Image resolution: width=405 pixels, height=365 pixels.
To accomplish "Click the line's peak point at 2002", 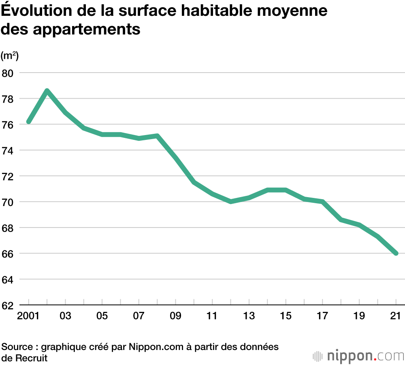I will point(47,90).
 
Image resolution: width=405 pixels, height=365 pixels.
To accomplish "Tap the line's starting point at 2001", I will point(29,122).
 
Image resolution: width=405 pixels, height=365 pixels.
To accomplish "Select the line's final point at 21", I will point(396,253).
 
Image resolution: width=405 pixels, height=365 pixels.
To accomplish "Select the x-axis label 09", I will point(176,316).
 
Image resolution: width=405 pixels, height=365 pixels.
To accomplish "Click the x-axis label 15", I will point(286,316).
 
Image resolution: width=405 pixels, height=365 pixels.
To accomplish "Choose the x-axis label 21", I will point(396,316).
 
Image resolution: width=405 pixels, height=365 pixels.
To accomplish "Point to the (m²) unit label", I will point(9,55).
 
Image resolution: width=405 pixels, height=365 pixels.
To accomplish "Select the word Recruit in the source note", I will point(30,358).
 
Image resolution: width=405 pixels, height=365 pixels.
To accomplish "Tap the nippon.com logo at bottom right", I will point(358,356).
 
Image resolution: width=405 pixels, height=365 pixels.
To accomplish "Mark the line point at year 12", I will point(231,202).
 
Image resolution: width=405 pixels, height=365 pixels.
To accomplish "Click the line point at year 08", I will point(157,136).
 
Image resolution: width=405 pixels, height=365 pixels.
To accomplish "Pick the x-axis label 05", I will point(102,316).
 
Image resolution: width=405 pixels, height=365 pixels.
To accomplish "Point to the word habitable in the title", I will point(225,11).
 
